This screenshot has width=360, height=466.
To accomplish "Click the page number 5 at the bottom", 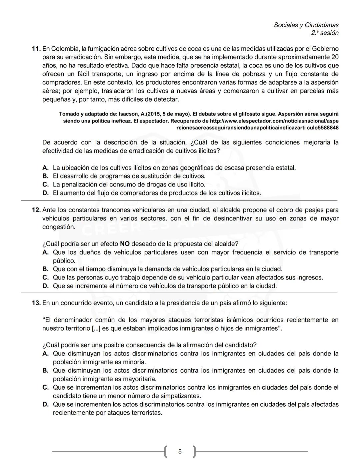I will click(x=180, y=451).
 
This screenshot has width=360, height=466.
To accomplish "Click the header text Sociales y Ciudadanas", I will click(x=306, y=25).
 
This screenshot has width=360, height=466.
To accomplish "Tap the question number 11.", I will click(x=36, y=49).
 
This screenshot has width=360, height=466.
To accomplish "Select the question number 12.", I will click(x=36, y=210).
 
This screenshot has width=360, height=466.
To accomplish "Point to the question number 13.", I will click(x=36, y=303).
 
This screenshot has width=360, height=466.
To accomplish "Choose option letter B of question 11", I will click(x=45, y=176).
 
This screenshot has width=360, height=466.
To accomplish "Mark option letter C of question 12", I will click(x=45, y=278).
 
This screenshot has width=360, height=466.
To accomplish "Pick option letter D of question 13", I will click(x=45, y=404).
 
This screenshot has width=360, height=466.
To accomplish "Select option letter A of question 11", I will click(x=45, y=167).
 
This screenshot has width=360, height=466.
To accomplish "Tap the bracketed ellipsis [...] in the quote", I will click(x=96, y=328).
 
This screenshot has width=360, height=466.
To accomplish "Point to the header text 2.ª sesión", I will click(x=325, y=33).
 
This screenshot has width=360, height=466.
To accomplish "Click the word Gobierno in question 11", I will click(x=325, y=49).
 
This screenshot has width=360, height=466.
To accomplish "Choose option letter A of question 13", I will click(x=45, y=354).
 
